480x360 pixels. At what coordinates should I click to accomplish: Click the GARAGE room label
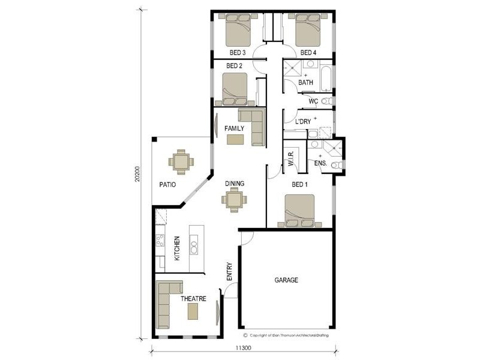(286, 280)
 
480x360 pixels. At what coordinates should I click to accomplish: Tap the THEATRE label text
(194, 298)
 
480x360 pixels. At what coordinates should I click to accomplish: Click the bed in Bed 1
(295, 211)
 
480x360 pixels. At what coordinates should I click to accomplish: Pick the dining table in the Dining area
(233, 200)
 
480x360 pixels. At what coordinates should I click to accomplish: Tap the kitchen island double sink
(194, 245)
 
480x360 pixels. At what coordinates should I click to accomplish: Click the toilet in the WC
(326, 101)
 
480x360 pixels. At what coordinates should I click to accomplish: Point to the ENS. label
(320, 163)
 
